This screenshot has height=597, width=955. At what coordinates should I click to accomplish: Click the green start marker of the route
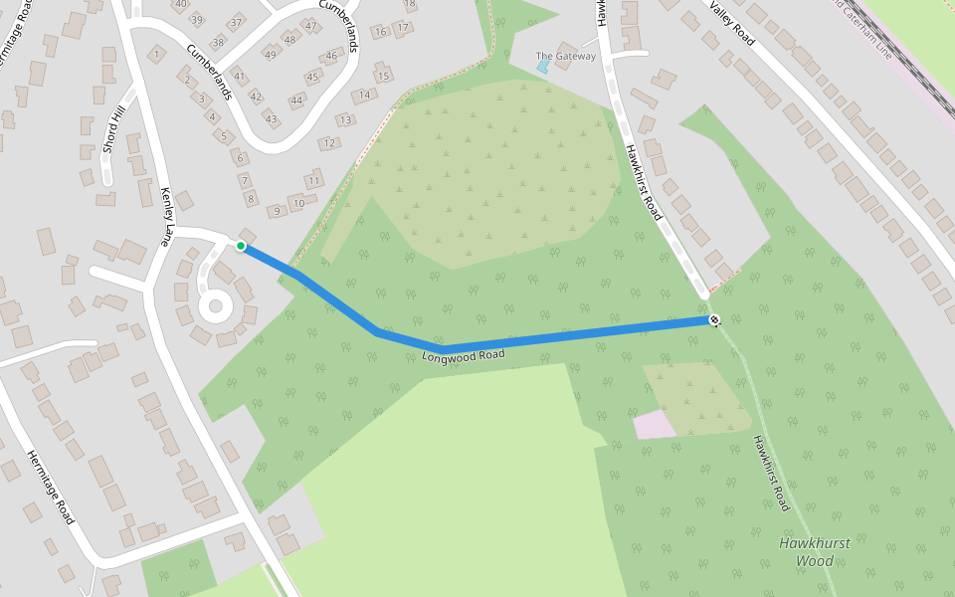tap(241, 246)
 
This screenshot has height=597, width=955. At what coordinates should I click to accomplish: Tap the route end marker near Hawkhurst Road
tap(714, 319)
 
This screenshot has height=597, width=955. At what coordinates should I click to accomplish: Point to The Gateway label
tap(565, 57)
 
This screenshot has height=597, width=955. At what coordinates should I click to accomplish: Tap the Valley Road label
tap(732, 21)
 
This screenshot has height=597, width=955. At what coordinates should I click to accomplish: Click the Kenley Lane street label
tap(167, 216)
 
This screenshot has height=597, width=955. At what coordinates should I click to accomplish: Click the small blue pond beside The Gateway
tap(542, 68)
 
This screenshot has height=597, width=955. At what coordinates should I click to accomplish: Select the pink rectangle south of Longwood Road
tap(654, 425)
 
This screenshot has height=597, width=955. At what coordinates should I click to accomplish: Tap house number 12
tap(329, 143)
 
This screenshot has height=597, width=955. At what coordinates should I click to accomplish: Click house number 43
tap(271, 118)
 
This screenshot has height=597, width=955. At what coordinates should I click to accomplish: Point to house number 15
tap(383, 76)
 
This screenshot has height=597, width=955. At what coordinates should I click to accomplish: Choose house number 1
tap(157, 54)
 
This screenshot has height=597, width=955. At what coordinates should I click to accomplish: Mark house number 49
tap(270, 54)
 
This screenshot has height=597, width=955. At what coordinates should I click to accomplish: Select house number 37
tap(237, 22)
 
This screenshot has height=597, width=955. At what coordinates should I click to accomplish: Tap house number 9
tap(278, 210)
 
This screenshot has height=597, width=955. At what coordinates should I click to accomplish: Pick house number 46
tap(331, 56)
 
